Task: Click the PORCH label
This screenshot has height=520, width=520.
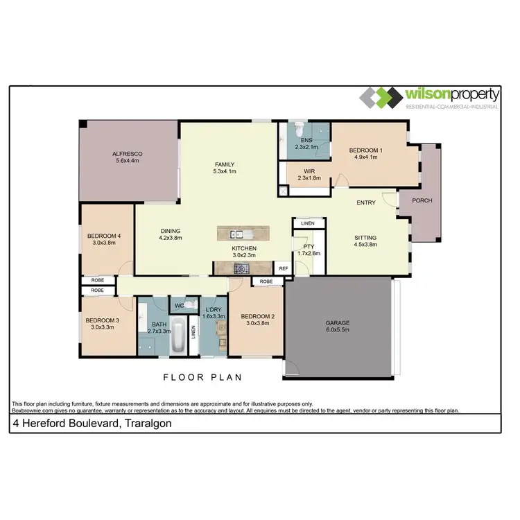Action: (x=422, y=200)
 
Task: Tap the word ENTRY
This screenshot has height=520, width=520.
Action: (x=366, y=203)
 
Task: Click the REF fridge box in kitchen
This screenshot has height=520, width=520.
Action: (x=283, y=268)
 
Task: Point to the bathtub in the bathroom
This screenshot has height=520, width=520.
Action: (x=178, y=338)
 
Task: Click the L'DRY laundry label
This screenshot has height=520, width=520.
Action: (x=213, y=313)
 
